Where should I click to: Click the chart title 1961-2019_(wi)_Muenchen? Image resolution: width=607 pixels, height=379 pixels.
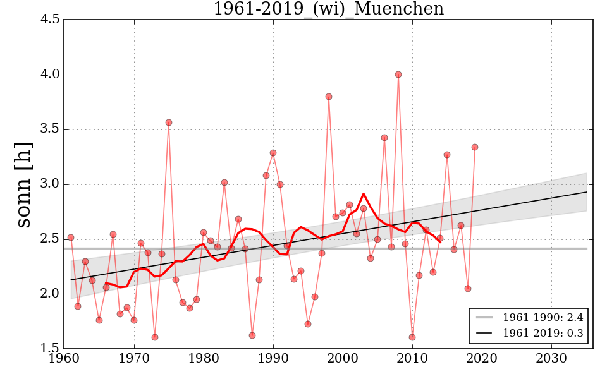[x=328, y=9]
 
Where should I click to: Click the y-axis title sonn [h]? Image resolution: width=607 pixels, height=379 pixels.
[x=24, y=184]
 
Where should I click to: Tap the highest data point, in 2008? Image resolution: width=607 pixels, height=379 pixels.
[x=398, y=75]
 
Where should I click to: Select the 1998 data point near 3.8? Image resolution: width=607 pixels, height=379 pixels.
[x=329, y=97]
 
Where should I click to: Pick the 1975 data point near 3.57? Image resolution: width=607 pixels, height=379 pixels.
[x=169, y=123]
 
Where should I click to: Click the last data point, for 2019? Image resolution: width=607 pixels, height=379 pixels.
[x=475, y=147]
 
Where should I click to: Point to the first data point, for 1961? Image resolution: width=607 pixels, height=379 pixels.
[x=71, y=238]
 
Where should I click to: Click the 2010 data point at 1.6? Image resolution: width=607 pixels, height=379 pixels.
[x=412, y=337]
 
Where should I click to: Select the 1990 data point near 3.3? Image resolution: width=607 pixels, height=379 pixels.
[x=273, y=153]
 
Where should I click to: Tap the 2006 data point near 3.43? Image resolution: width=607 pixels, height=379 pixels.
[x=384, y=138]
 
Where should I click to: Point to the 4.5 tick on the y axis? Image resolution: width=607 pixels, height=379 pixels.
[x=51, y=20]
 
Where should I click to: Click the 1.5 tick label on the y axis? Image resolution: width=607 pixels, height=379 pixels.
[x=51, y=349]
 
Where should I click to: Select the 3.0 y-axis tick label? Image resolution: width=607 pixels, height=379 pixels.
[x=51, y=184]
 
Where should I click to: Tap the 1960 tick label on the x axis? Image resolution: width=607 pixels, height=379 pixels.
[x=64, y=359]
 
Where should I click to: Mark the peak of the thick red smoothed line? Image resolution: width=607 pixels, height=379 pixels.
[x=364, y=194]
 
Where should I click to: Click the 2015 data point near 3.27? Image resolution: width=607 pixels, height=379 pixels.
[x=447, y=155]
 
